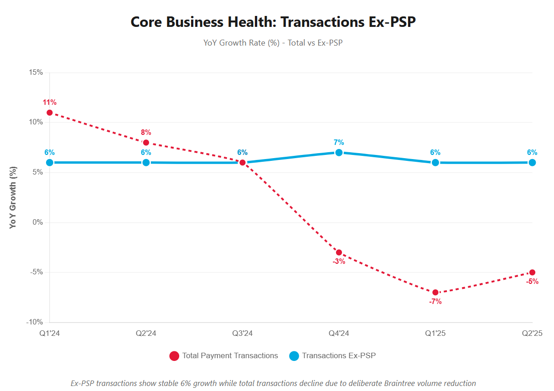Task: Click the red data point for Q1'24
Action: click(50, 113)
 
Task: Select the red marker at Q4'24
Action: click(339, 252)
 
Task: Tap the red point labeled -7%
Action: click(435, 293)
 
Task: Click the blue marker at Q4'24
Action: click(339, 153)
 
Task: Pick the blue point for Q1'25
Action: click(435, 163)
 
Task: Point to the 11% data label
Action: click(50, 103)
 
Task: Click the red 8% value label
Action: click(146, 133)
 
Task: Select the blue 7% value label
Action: click(339, 143)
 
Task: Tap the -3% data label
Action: click(339, 262)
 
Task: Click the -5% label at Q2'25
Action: click(532, 282)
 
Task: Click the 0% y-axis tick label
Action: click(37, 222)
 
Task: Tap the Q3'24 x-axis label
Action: click(243, 334)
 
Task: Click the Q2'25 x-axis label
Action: click(532, 334)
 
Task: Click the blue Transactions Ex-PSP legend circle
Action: click(294, 356)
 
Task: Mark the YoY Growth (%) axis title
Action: click(14, 197)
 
